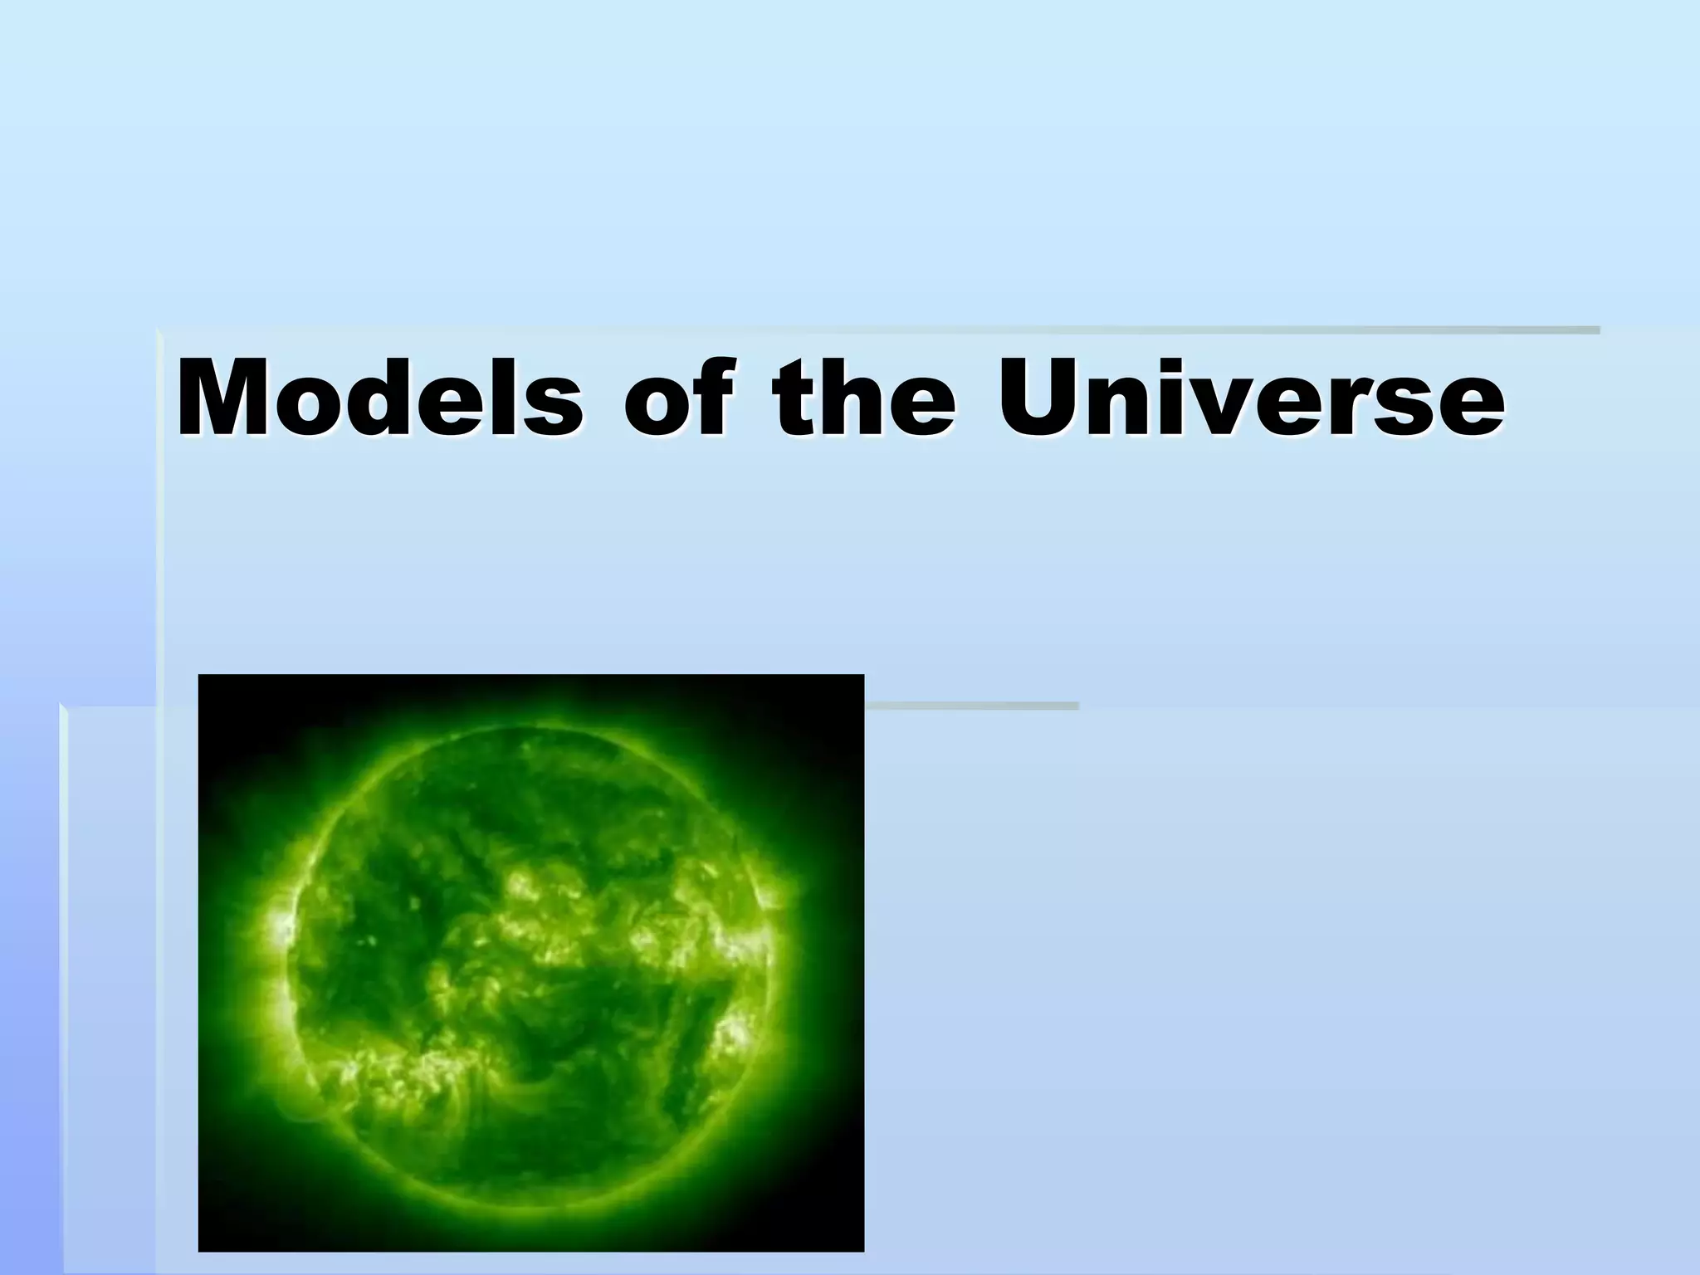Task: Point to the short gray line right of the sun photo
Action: click(971, 706)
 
